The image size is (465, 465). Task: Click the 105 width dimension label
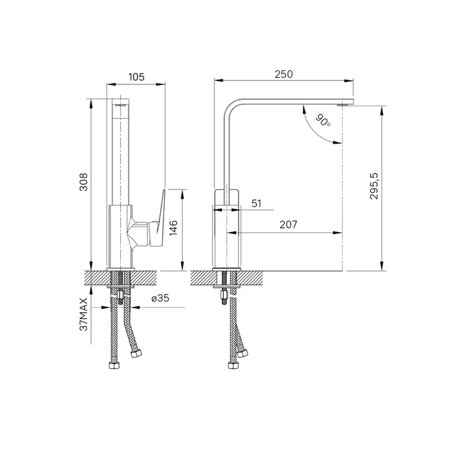[136, 77]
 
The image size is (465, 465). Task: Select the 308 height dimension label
[84, 182]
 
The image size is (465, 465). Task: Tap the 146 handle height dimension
[173, 228]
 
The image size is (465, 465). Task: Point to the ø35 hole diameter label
[160, 298]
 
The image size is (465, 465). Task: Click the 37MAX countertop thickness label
[84, 314]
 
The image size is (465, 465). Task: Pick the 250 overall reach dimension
[284, 74]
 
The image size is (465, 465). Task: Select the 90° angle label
[323, 120]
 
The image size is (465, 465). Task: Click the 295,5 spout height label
[374, 186]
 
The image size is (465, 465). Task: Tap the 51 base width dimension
[256, 203]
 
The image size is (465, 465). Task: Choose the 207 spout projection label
[288, 225]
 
